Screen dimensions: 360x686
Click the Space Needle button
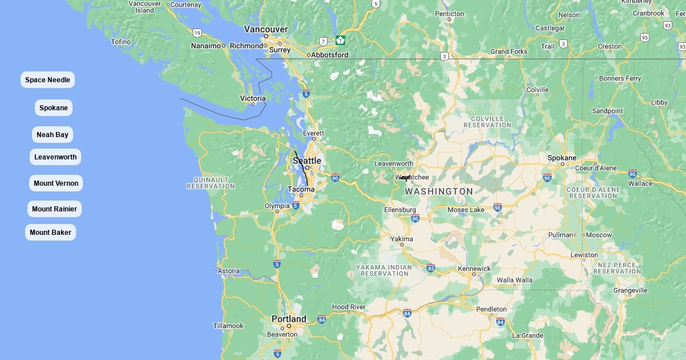[47, 80]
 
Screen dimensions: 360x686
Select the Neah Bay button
[53, 135]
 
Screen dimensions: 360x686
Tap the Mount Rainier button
[54, 209]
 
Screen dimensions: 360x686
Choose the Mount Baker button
[50, 233]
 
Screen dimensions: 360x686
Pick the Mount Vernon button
[56, 183]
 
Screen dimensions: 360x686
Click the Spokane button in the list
[54, 108]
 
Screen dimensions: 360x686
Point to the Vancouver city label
[266, 29]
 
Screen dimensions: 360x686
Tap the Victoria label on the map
[253, 98]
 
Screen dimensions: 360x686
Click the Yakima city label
[402, 239]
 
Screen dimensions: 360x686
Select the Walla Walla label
[514, 280]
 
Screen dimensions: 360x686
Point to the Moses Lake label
[466, 210]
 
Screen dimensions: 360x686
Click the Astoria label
[229, 271]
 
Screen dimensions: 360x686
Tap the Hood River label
[348, 307]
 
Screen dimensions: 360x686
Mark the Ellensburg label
[400, 210]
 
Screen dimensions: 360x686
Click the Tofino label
[121, 42]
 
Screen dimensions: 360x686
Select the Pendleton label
[491, 309]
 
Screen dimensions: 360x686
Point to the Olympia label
[277, 206]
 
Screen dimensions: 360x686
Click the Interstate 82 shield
[430, 267]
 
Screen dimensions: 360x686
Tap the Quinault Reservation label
[211, 182]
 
